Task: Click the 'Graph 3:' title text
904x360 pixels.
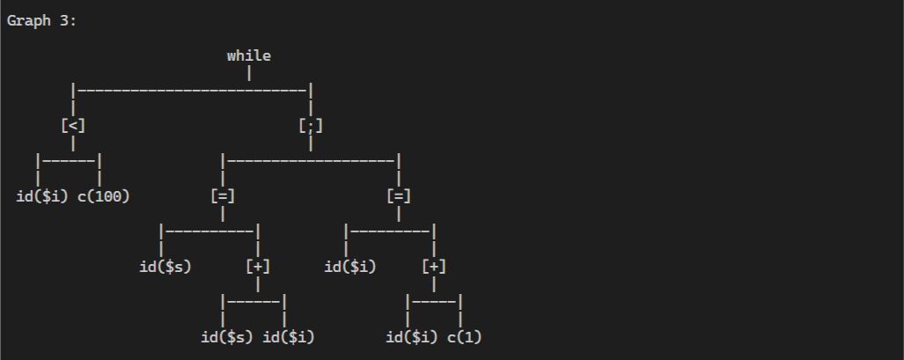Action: click(x=41, y=21)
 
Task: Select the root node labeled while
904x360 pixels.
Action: click(x=249, y=56)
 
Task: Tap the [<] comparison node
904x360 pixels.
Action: click(x=73, y=126)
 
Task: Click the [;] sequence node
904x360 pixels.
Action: click(x=311, y=126)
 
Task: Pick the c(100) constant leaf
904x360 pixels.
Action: click(x=104, y=195)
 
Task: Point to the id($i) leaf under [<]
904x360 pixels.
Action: click(x=42, y=195)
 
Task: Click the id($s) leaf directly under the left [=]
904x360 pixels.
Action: click(x=165, y=266)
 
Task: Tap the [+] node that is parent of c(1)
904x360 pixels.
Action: click(x=434, y=266)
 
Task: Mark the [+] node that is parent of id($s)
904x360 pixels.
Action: click(x=258, y=266)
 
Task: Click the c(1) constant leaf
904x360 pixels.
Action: click(x=465, y=336)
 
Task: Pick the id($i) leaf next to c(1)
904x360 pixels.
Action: click(x=412, y=336)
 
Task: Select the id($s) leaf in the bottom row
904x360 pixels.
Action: click(x=227, y=336)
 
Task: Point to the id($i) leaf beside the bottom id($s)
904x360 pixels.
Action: click(x=289, y=336)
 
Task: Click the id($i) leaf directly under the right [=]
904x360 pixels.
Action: click(x=350, y=266)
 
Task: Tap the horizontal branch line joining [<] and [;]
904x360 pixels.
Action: click(x=192, y=89)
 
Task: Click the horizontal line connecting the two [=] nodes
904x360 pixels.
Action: click(x=311, y=160)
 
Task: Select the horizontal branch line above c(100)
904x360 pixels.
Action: click(x=69, y=160)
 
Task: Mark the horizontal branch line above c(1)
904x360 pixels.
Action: click(x=434, y=301)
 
